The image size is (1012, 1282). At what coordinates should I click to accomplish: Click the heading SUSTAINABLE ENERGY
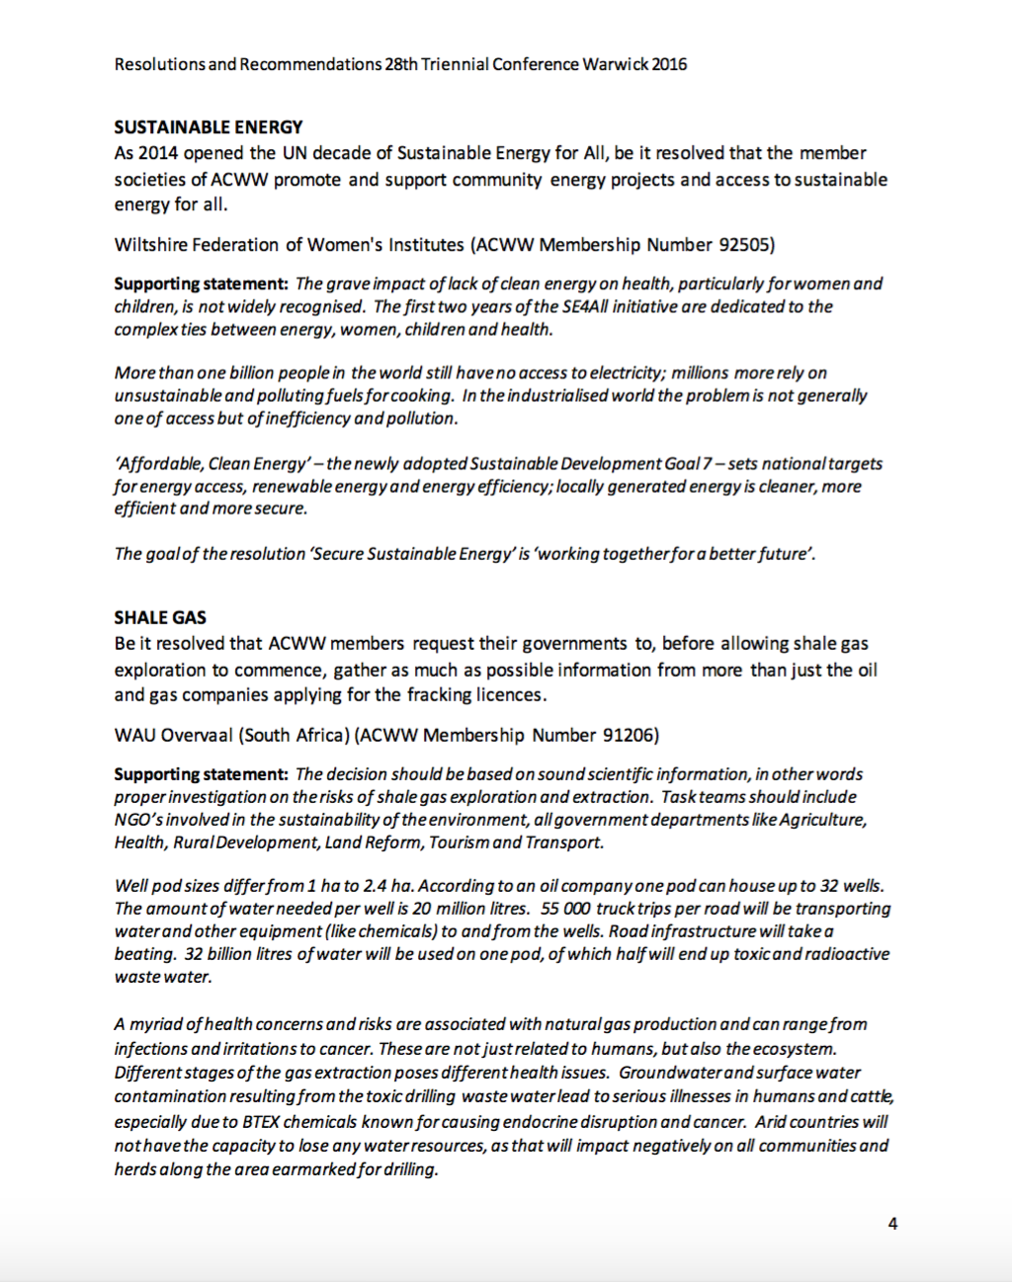[209, 127]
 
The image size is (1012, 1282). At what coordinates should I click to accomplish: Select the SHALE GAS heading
[160, 618]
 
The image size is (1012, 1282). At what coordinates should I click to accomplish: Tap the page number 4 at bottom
[892, 1224]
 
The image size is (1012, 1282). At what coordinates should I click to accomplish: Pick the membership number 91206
[628, 736]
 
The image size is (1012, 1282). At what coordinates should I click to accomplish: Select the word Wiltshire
[150, 245]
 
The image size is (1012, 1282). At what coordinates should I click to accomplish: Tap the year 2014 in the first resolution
[158, 153]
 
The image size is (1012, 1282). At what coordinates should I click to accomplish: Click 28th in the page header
[401, 65]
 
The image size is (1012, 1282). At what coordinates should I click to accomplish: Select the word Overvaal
[198, 736]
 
